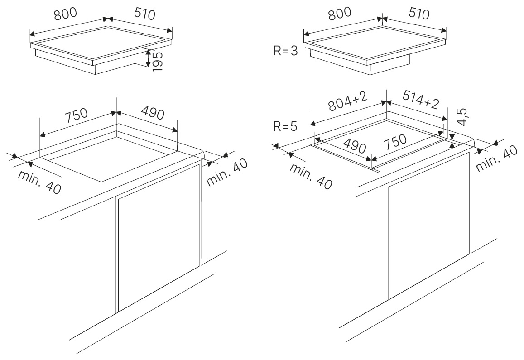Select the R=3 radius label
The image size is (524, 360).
(x=286, y=51)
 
